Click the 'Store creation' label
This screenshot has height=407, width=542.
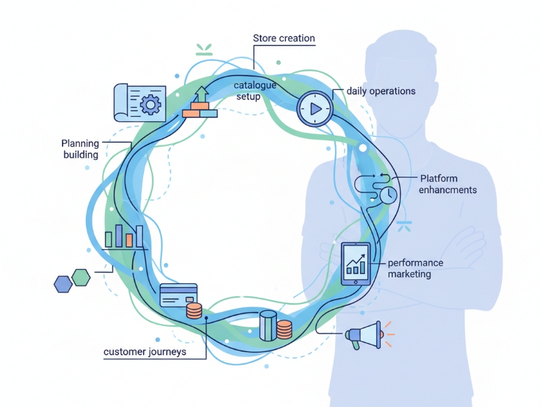point(284,38)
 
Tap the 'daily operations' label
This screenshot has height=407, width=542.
point(381,91)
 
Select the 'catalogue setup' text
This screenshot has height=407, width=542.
point(255,91)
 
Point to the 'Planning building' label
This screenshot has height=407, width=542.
point(80,149)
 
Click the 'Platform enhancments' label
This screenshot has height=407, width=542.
point(448,184)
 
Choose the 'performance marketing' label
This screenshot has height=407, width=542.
point(415,269)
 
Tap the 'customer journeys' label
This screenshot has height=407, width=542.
point(145,352)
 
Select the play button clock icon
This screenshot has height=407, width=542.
point(315,109)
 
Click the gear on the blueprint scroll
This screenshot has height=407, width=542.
point(150,104)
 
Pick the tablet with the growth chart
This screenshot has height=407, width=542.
point(356,264)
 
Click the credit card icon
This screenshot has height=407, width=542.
point(179,296)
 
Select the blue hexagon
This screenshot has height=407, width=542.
point(63,284)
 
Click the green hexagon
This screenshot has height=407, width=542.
point(81,278)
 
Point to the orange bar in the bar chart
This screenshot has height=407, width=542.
point(129,240)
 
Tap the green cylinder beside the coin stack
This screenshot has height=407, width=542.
point(269,325)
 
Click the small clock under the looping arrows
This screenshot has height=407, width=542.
point(388,195)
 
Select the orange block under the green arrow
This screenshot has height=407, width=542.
point(191,114)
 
